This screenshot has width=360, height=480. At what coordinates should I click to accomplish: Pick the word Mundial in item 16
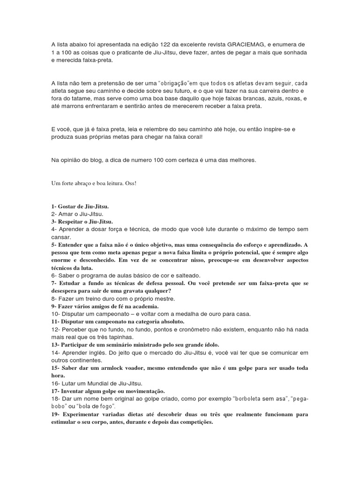(94, 382)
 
